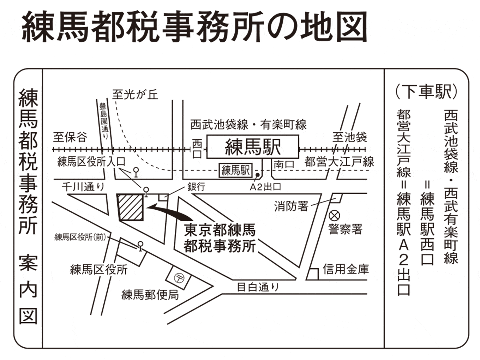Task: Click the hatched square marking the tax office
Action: (131, 207)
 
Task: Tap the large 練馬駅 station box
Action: (253, 146)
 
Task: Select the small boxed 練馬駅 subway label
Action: (235, 170)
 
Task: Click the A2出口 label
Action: (265, 187)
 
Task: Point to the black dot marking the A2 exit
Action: (258, 175)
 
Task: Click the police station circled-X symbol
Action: (334, 216)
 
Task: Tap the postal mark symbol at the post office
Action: (179, 278)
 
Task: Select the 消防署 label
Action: (291, 206)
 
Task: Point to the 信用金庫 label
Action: (346, 269)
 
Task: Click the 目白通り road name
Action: (258, 287)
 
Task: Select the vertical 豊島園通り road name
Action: (104, 121)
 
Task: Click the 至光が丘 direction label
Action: (135, 95)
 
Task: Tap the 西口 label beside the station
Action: (197, 149)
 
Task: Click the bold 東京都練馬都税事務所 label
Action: (220, 238)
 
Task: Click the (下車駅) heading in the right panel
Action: (427, 91)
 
